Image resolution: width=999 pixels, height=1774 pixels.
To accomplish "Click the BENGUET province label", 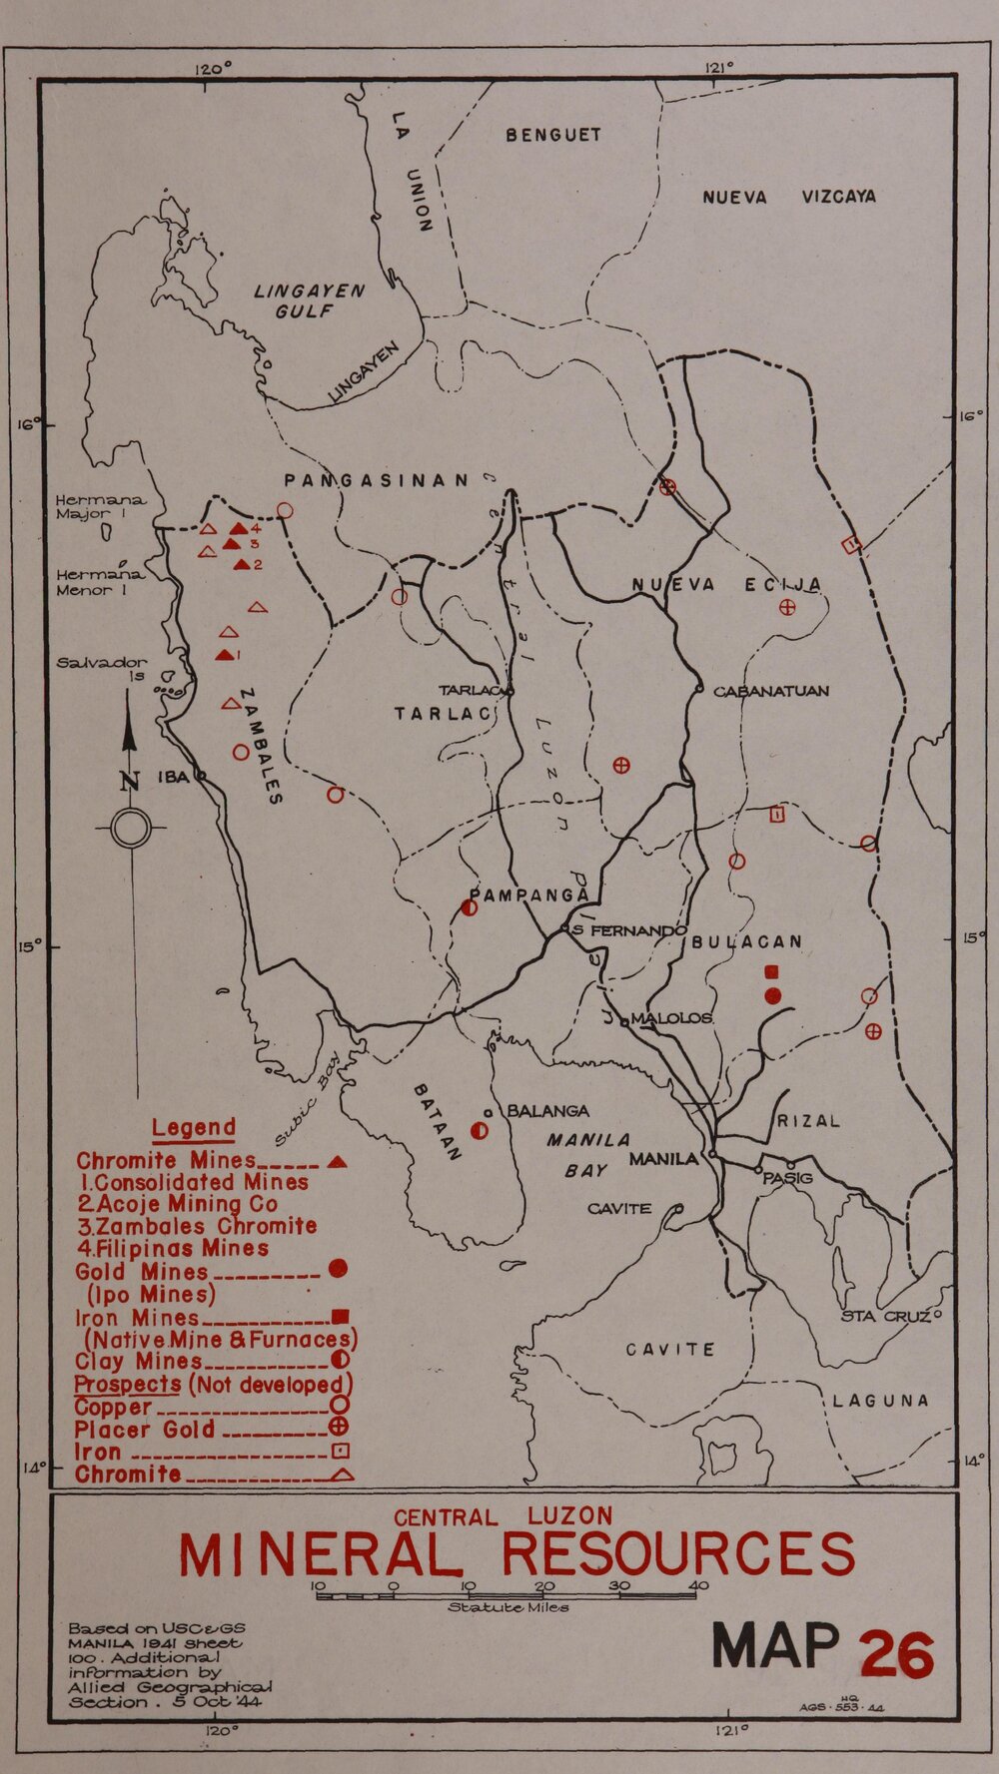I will (x=552, y=135).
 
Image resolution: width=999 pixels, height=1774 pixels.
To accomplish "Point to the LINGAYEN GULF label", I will (x=308, y=300).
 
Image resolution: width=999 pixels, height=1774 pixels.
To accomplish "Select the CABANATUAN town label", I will (x=770, y=691).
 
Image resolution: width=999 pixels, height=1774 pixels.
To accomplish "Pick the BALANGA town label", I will (x=547, y=1111).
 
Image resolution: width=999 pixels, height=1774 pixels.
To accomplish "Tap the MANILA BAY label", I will (x=587, y=1155).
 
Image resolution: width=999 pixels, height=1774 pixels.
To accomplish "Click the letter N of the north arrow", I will (x=130, y=781).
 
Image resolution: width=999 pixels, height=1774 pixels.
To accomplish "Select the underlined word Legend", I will (x=194, y=1129).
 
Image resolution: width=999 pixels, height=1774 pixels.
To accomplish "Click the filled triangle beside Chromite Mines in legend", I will (x=337, y=1161).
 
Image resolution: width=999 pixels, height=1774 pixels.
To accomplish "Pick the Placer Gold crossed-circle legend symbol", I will (x=338, y=1429).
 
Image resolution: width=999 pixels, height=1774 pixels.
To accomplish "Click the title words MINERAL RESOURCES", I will (x=516, y=1553).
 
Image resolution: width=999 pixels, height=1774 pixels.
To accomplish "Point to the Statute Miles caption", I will (x=507, y=1608).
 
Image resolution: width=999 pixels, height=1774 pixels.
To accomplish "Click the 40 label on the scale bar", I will (x=698, y=1585).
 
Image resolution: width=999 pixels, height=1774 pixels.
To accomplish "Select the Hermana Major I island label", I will (x=100, y=506).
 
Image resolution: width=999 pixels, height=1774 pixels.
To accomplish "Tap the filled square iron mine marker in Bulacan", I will (x=770, y=971).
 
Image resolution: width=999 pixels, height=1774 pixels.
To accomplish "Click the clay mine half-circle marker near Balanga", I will (x=480, y=1131).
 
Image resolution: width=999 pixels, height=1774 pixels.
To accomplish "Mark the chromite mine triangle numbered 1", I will (x=225, y=655).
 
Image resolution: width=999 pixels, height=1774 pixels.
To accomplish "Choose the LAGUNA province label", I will (x=881, y=1401).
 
